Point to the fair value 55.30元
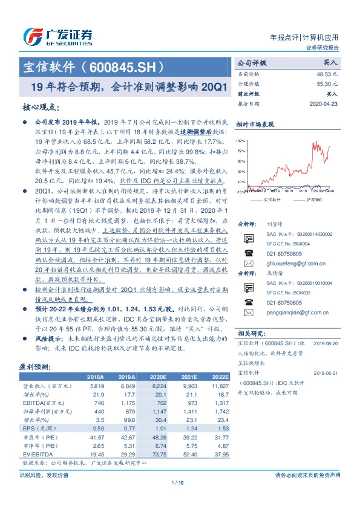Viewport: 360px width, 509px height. click(327, 83)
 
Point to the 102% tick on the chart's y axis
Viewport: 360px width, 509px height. click(241, 140)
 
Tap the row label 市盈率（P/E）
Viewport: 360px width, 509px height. click(36, 436)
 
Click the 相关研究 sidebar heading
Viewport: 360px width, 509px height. click(249, 333)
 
